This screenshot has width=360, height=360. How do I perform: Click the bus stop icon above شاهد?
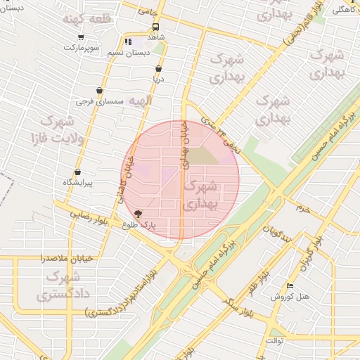pos(154,26)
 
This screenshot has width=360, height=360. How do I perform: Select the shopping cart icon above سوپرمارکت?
pos(82,37)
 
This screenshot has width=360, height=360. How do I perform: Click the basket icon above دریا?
pos(158,69)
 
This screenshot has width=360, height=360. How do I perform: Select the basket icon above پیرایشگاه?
pos(77,172)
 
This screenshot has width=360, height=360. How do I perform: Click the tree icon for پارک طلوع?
pos(138,214)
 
